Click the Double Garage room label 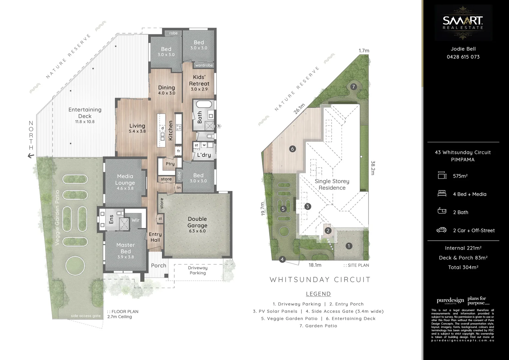tap(197, 222)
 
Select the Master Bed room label tap(126, 248)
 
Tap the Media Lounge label tap(125, 179)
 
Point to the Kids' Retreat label tap(199, 80)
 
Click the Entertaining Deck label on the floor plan tap(85, 113)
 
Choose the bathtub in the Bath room tap(204, 104)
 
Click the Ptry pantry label tap(170, 164)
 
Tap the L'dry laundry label tap(204, 155)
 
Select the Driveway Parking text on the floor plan tap(198, 270)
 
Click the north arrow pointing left tap(31, 155)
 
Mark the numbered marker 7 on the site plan tap(353, 87)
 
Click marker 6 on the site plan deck tap(292, 149)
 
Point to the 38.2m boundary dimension tap(373, 168)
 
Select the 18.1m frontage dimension tap(315, 265)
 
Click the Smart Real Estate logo tap(463, 23)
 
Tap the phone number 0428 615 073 tap(463, 57)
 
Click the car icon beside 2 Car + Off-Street tap(441, 230)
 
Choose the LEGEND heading tap(318, 294)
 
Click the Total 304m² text tap(463, 267)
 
